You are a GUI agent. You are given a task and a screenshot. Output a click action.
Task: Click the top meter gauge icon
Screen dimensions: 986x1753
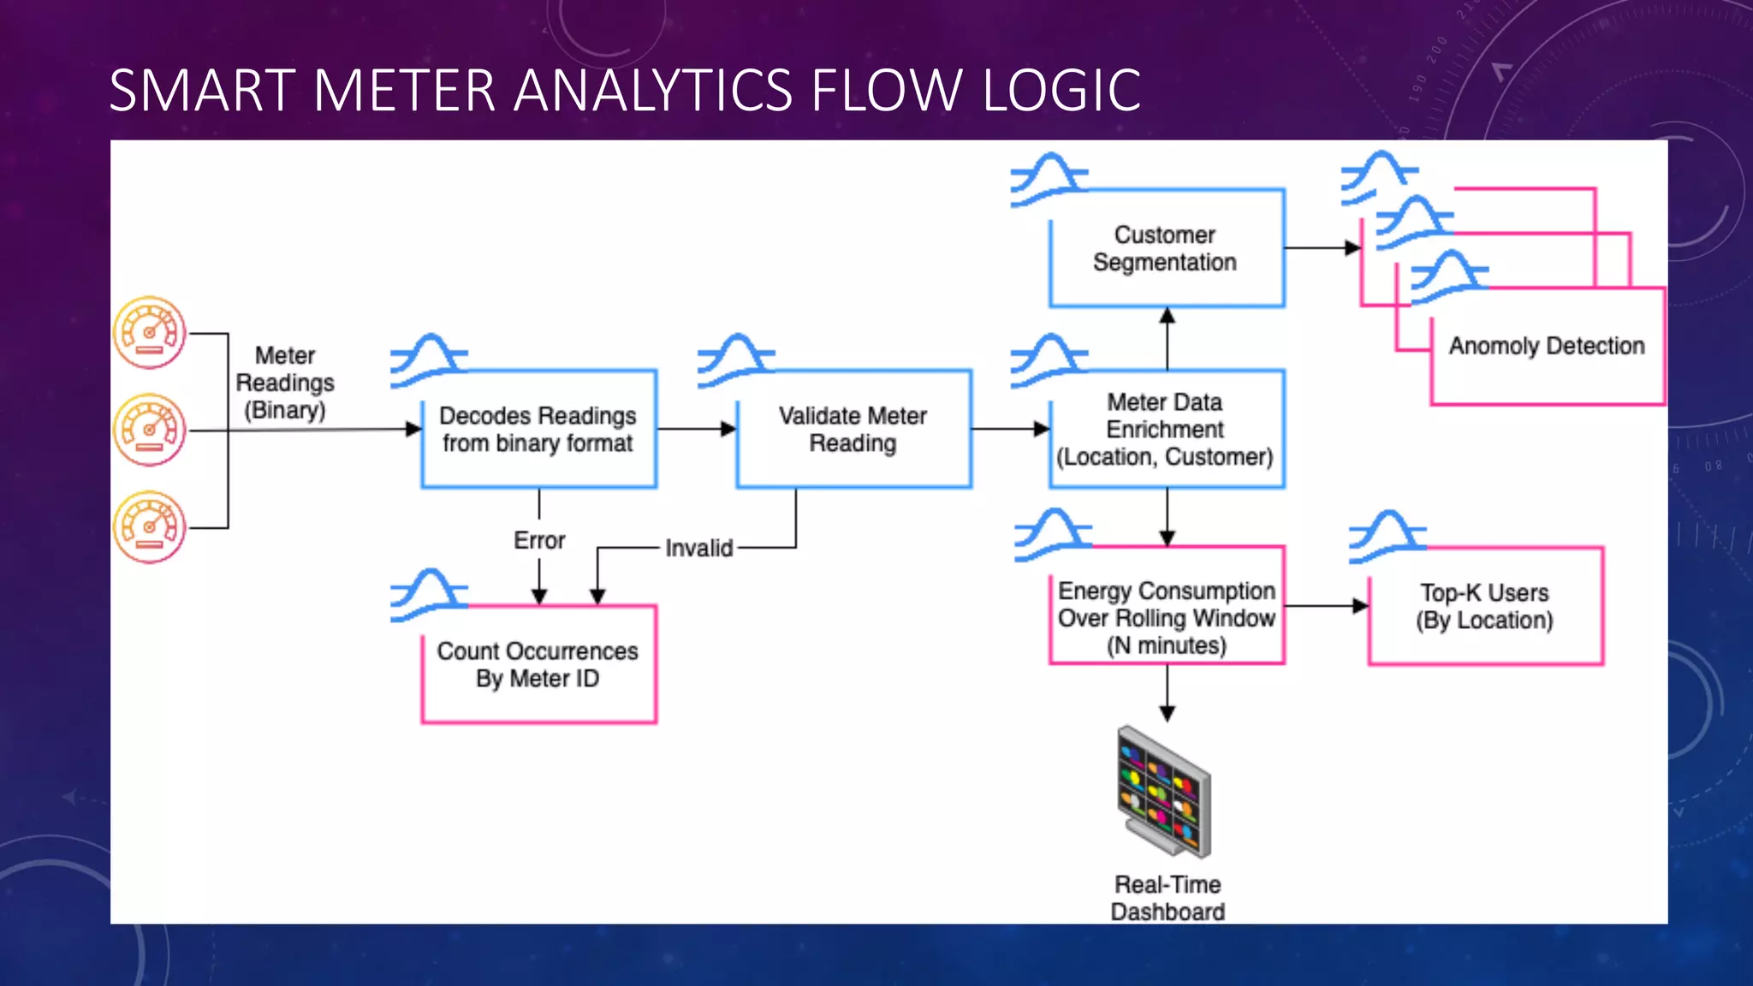tap(150, 333)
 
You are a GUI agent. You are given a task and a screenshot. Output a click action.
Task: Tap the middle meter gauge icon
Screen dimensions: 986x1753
tap(150, 430)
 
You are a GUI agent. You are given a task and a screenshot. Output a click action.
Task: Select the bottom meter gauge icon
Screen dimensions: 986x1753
tap(150, 527)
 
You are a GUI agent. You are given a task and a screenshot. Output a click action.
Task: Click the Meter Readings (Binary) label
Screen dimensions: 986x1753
tap(285, 383)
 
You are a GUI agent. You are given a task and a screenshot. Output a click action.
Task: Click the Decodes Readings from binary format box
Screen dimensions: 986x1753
tap(538, 430)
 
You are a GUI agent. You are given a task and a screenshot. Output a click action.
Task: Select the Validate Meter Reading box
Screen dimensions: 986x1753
tap(853, 430)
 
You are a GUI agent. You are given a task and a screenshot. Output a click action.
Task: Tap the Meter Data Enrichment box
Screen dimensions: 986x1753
tap(1166, 430)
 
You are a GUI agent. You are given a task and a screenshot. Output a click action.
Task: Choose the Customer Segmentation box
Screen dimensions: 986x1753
tap(1166, 248)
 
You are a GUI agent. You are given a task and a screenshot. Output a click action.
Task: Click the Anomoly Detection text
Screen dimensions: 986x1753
tap(1547, 346)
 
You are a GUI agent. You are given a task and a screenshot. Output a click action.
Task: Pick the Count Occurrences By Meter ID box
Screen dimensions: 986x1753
tap(538, 665)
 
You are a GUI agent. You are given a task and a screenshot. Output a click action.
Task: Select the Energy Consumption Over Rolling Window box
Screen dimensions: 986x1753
tap(1166, 618)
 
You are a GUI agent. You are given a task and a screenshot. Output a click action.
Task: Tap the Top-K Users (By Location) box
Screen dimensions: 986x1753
tap(1485, 607)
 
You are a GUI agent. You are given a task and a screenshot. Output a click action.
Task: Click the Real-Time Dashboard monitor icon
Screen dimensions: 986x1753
tap(1164, 792)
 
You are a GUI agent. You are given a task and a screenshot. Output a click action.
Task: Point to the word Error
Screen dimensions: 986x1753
tap(539, 541)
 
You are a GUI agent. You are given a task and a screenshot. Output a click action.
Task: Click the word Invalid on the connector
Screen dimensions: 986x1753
tap(698, 548)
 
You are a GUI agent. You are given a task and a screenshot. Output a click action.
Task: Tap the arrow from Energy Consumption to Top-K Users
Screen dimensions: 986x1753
tap(1326, 606)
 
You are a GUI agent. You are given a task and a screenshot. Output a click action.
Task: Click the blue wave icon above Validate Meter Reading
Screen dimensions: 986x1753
tap(734, 360)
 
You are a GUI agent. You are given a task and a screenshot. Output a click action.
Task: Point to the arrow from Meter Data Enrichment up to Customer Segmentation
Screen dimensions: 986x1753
tap(1167, 339)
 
